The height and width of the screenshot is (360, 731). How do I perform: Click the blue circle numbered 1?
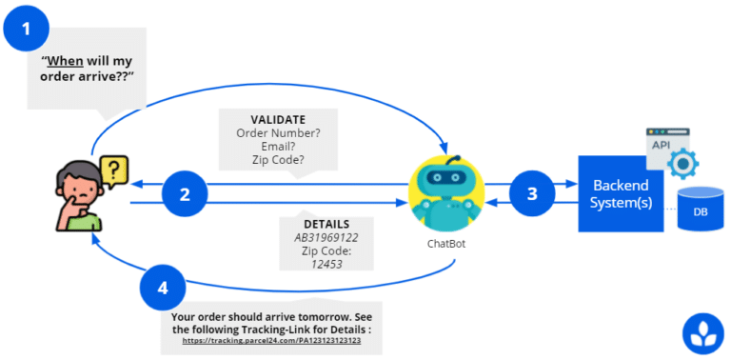(x=28, y=30)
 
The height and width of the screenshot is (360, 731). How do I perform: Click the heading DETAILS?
(x=326, y=223)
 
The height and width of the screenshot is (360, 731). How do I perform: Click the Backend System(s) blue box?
(x=622, y=192)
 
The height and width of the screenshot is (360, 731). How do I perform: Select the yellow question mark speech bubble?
(x=113, y=171)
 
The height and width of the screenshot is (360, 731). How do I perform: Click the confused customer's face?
(x=79, y=187)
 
